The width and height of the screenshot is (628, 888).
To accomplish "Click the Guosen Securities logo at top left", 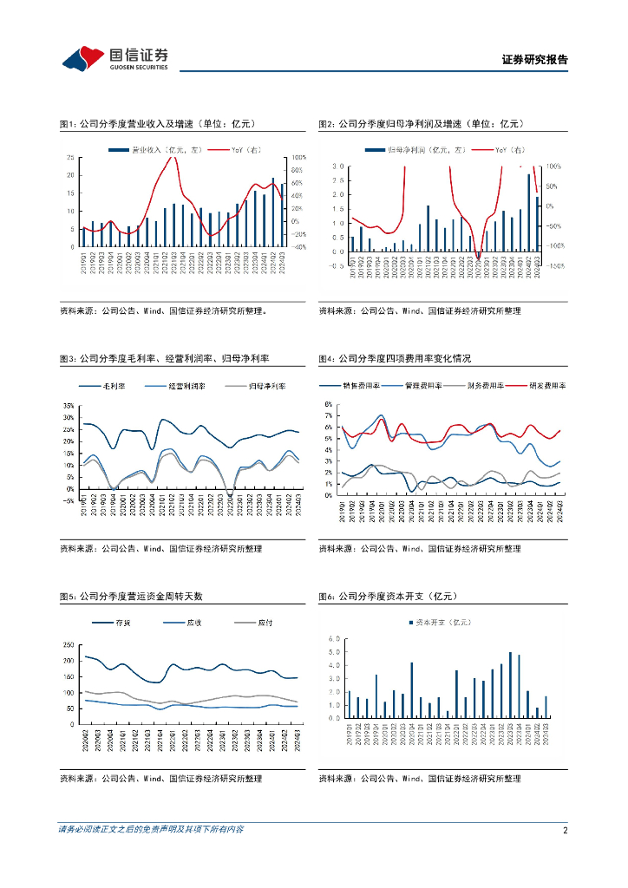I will [x=114, y=59].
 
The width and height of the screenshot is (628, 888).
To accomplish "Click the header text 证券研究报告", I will [x=534, y=61].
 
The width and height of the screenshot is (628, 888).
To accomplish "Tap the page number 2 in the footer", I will [x=565, y=830].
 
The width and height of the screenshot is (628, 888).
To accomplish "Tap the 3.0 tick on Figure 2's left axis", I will [x=338, y=166].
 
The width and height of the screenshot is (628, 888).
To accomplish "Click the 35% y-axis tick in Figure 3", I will [x=69, y=406].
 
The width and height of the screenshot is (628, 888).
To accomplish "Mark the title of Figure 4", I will [x=395, y=357].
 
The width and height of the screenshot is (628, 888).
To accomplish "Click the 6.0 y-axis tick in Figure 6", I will [x=334, y=638].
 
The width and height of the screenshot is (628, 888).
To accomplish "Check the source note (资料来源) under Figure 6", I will [x=420, y=779].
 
